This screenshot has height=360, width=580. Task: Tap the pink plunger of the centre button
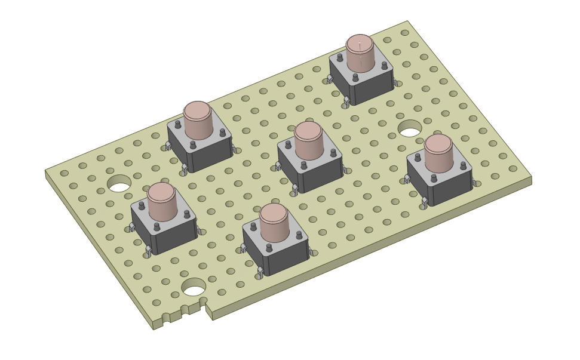pyautogui.click(x=308, y=140)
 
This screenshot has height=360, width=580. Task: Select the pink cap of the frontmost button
pyautogui.click(x=274, y=221)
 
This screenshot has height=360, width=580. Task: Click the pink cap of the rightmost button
pyautogui.click(x=438, y=152)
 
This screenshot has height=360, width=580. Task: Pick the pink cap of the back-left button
pyautogui.click(x=197, y=119)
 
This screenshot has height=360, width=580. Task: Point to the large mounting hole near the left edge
pyautogui.click(x=119, y=183)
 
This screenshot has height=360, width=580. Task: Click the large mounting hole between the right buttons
pyautogui.click(x=410, y=128)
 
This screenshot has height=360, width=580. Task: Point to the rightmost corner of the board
pyautogui.click(x=530, y=177)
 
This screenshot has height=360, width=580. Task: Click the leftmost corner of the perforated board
pyautogui.click(x=46, y=172)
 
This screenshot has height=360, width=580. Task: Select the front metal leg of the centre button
pyautogui.click(x=294, y=190)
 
